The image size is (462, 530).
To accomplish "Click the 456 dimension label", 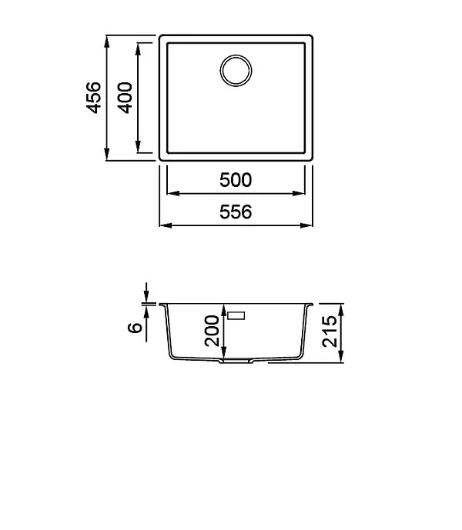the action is pos(93,98).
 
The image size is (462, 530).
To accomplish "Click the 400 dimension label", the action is pos(125,98).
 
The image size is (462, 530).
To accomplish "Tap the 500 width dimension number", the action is pos(236,180).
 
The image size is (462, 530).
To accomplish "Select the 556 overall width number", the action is pos(236,212).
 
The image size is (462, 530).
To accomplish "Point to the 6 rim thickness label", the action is pos(135,328).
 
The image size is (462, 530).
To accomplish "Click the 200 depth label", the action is pos(213,331).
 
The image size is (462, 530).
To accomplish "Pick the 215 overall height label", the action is pos(330,332).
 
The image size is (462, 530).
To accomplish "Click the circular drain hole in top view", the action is pos(236,71).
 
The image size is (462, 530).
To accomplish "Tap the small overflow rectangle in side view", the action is pos(236,315).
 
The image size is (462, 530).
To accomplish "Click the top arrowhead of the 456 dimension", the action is pos(107,42).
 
